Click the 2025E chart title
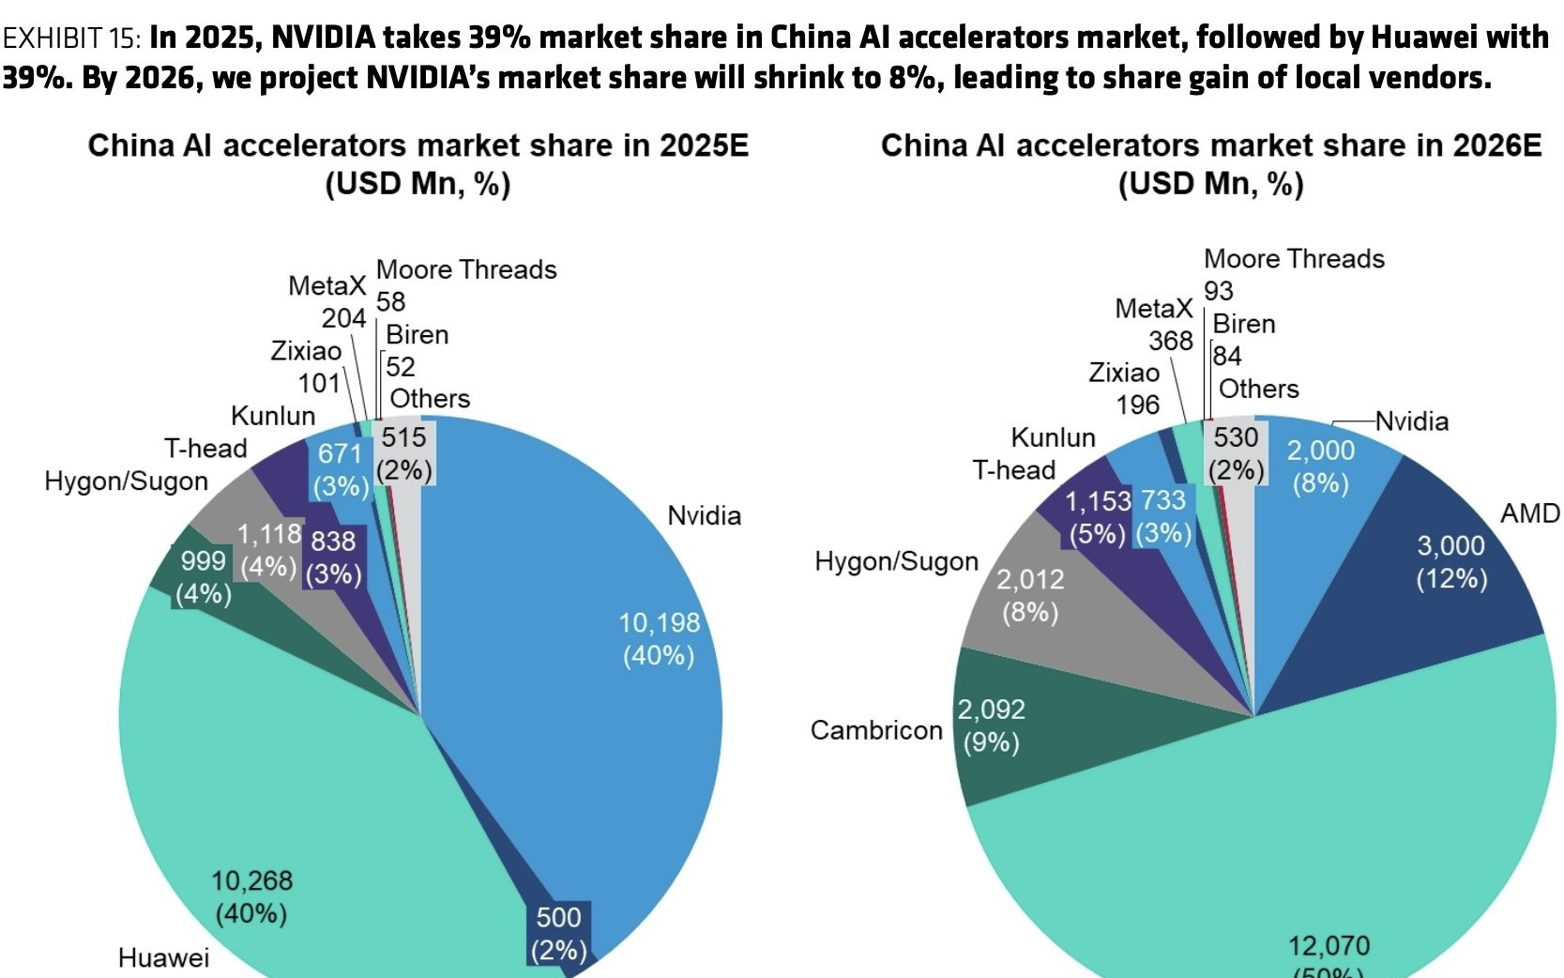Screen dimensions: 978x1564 (418, 146)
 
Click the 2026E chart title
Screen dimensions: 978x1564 (1210, 146)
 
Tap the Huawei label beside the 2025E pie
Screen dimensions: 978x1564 (163, 957)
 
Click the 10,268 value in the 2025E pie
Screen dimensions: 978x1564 (251, 880)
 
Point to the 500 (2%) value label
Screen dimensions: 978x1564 (558, 933)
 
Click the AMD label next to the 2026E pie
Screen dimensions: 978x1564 (1529, 513)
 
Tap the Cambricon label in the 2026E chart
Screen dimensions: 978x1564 (876, 730)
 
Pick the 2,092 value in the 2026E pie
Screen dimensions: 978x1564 (991, 710)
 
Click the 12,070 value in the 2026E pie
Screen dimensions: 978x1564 (1329, 945)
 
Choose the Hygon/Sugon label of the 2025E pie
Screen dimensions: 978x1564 (127, 481)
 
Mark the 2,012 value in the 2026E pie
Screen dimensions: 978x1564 (1030, 579)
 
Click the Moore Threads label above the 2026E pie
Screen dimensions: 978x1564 (1294, 259)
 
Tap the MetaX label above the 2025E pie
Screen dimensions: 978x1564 (326, 285)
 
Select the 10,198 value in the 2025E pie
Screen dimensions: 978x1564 (659, 622)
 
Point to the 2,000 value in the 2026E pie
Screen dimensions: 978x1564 (1320, 451)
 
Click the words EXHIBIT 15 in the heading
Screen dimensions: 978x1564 (71, 38)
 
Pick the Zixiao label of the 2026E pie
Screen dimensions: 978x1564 (1124, 373)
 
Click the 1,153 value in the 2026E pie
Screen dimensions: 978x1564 (1098, 501)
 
